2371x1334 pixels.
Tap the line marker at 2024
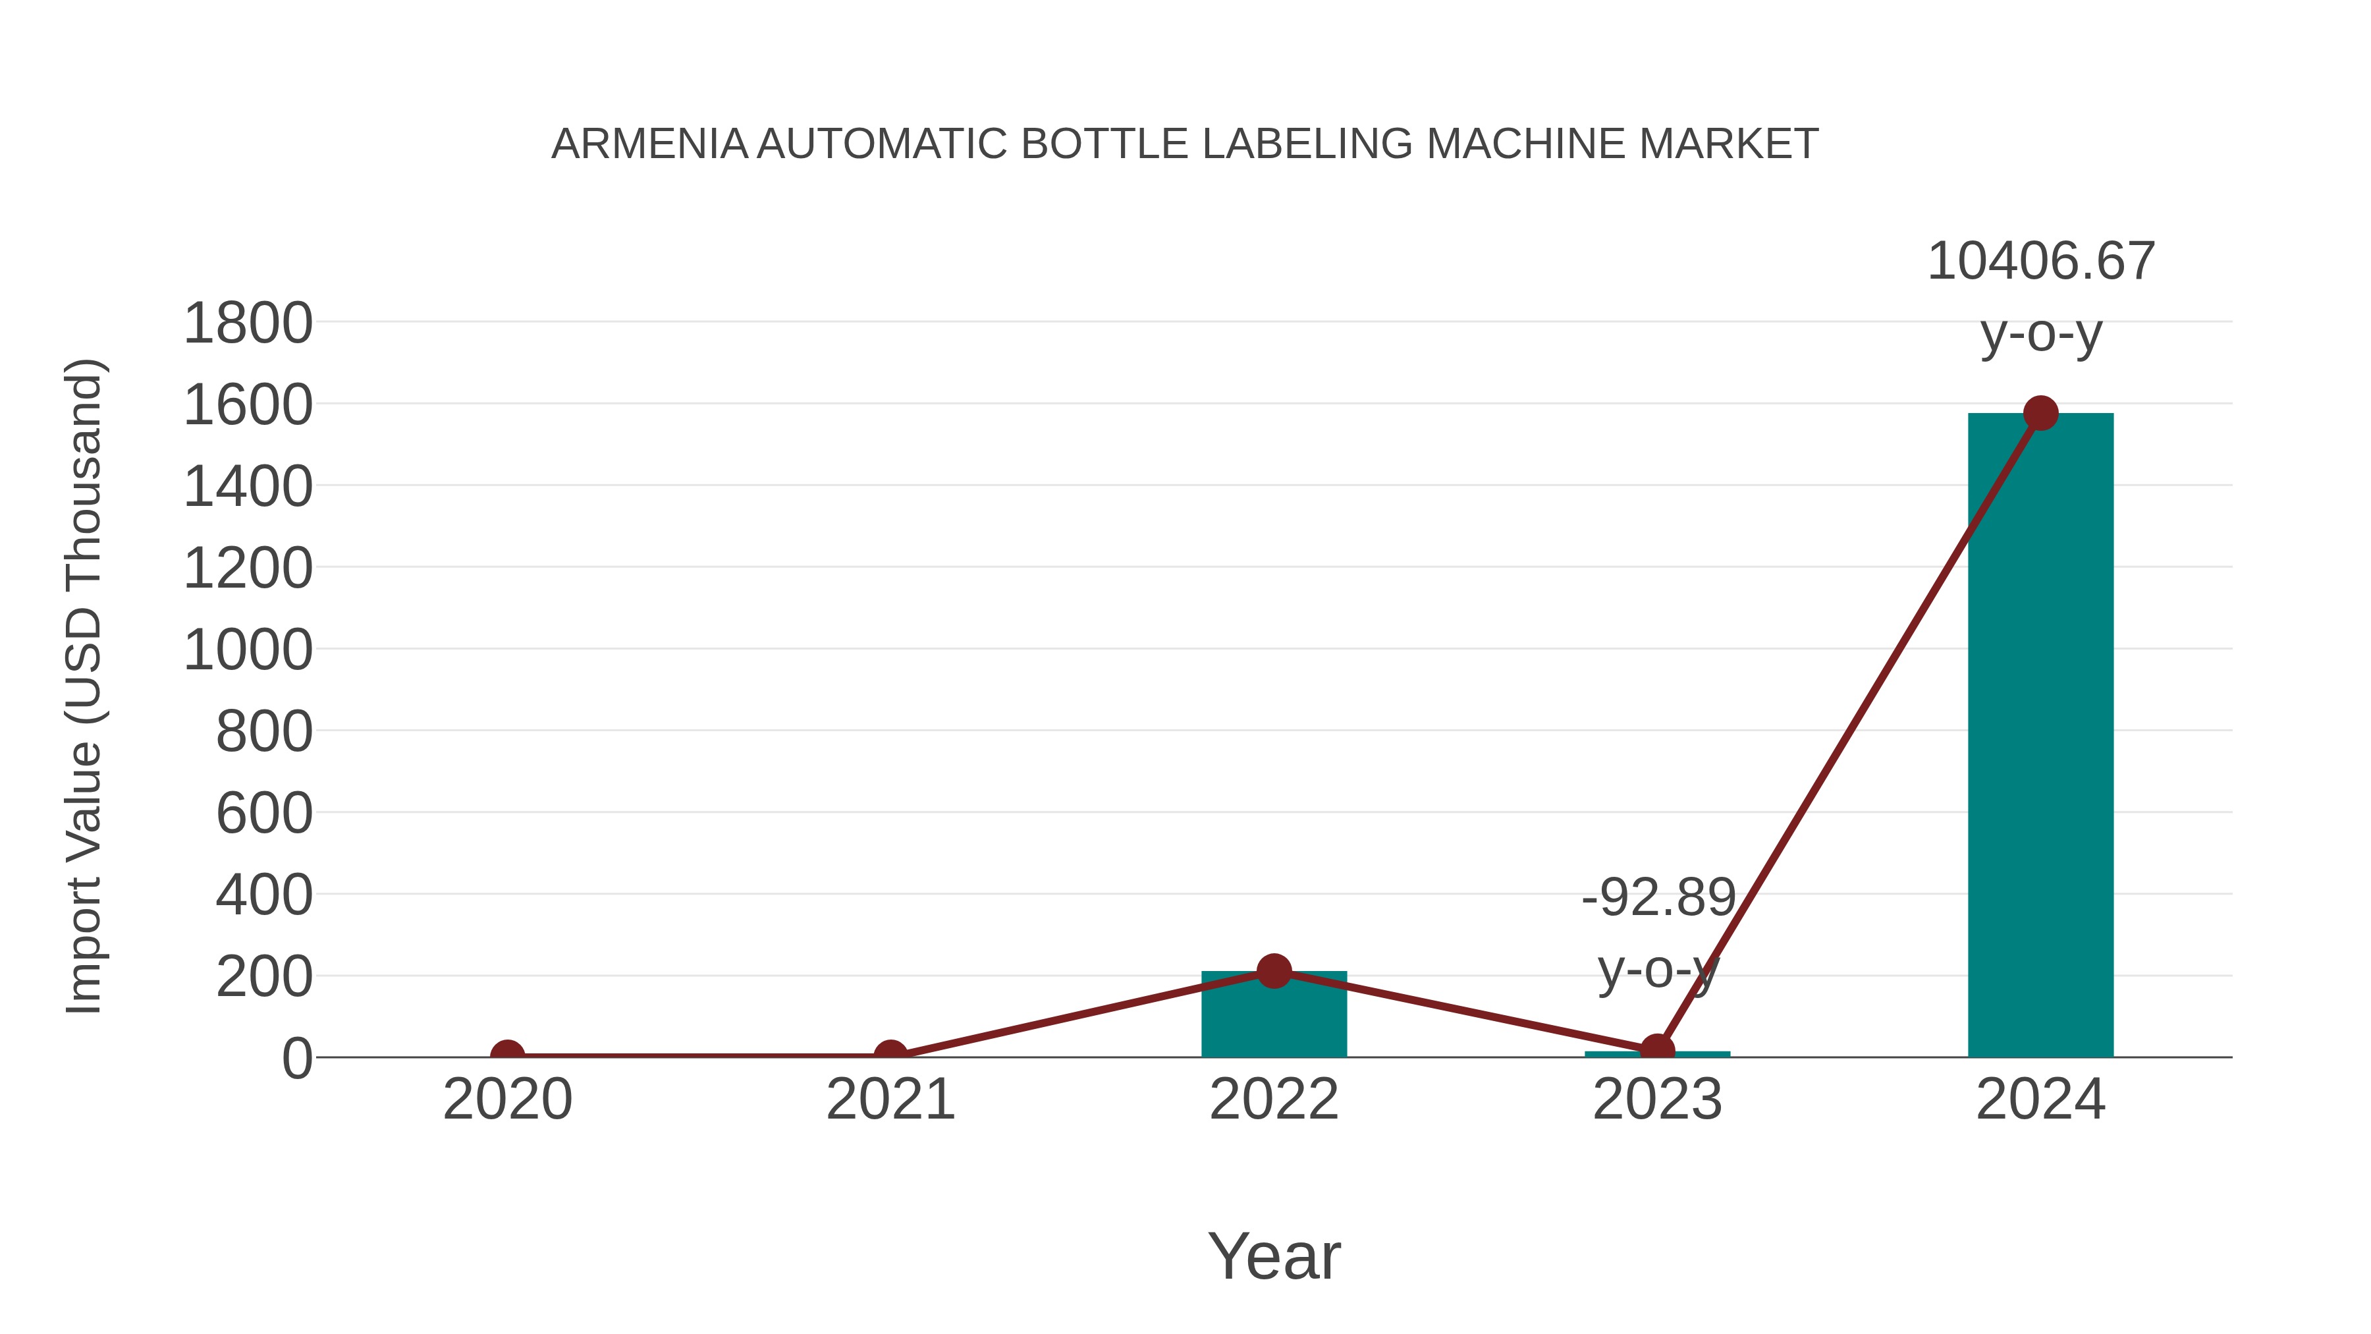pyautogui.click(x=2040, y=413)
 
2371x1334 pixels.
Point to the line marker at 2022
pyautogui.click(x=1274, y=970)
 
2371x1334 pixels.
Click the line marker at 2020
pyautogui.click(x=507, y=1055)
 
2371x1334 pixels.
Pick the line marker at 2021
pyautogui.click(x=890, y=1055)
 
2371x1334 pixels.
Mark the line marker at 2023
pyautogui.click(x=1657, y=1049)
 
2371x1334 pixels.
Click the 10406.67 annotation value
pyautogui.click(x=2040, y=262)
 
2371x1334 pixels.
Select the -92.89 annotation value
pyautogui.click(x=1658, y=898)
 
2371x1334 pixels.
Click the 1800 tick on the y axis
pyautogui.click(x=248, y=324)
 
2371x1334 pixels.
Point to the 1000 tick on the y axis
pyautogui.click(x=248, y=651)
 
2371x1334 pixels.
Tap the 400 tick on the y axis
pyautogui.click(x=264, y=896)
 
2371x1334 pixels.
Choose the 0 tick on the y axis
pyautogui.click(x=296, y=1059)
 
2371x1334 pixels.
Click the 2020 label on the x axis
pyautogui.click(x=507, y=1100)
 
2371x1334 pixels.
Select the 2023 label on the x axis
pyautogui.click(x=1657, y=1100)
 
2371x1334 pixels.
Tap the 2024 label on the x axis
pyautogui.click(x=2040, y=1100)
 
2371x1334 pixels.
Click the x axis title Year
pyautogui.click(x=1274, y=1257)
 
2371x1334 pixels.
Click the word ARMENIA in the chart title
pyautogui.click(x=649, y=144)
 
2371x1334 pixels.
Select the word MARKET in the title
pyautogui.click(x=1728, y=144)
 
